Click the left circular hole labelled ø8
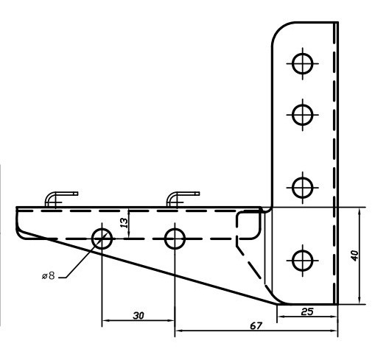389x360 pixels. [x=102, y=238]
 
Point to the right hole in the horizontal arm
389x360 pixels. [x=175, y=238]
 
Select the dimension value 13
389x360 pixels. [x=124, y=222]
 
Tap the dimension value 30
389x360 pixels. [x=138, y=315]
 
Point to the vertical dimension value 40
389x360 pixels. [x=355, y=255]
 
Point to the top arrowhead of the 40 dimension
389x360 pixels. [x=360, y=211]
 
